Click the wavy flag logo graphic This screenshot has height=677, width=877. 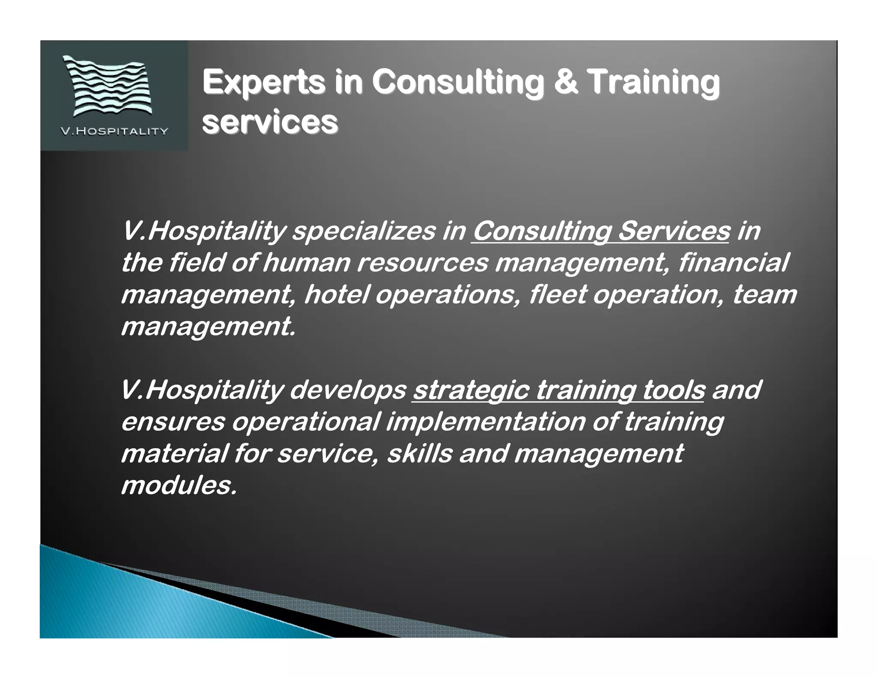108,86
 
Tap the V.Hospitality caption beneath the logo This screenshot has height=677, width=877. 114,131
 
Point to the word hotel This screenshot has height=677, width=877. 336,294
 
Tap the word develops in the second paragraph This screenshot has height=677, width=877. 348,390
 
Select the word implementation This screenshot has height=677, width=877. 486,422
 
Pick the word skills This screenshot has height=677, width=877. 419,454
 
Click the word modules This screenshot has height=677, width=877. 179,486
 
